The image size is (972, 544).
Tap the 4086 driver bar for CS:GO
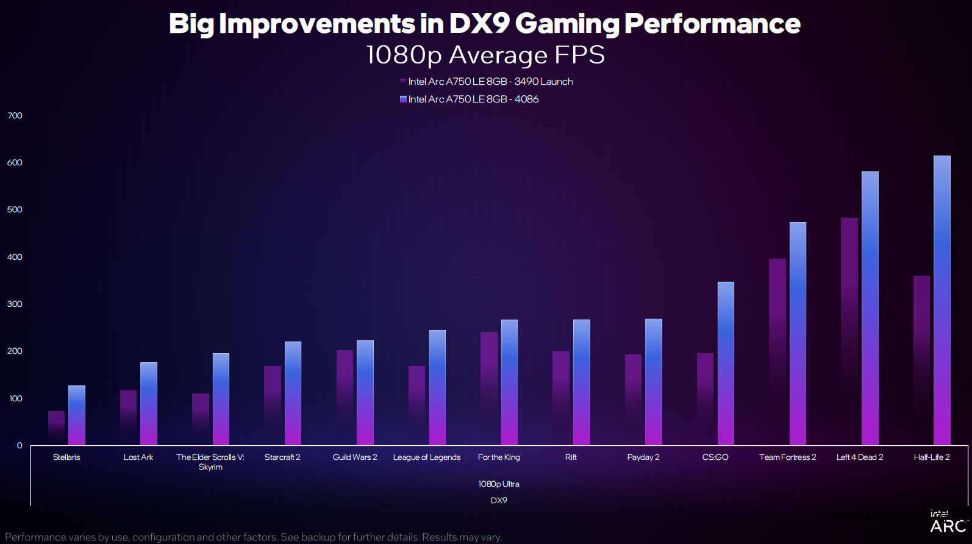point(726,363)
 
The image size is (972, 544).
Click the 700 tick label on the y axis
point(15,116)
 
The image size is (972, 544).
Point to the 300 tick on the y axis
point(15,304)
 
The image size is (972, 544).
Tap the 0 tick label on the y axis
point(20,446)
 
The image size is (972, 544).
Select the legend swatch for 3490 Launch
point(403,81)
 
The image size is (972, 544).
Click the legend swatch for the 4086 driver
point(403,99)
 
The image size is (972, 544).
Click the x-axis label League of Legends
point(426,457)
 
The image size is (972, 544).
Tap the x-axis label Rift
point(571,457)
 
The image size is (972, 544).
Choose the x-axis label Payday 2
point(643,457)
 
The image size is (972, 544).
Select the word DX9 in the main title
point(479,24)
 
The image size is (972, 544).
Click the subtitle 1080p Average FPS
point(485,55)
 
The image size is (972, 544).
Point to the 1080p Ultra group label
point(498,484)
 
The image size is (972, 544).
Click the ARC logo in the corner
point(948,526)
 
